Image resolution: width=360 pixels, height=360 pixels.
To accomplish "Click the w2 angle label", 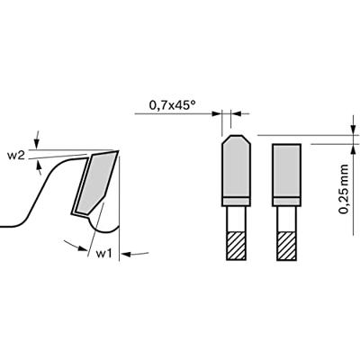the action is (x=15, y=156).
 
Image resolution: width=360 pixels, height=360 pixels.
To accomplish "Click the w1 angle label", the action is (x=103, y=254).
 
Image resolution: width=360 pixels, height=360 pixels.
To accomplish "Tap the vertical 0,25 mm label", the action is (x=344, y=189).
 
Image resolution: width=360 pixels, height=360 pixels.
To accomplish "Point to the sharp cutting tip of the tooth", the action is (x=118, y=151).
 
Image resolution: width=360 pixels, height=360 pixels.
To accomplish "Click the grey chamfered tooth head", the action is (x=236, y=166).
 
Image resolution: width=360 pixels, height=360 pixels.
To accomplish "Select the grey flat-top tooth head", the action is (x=286, y=170).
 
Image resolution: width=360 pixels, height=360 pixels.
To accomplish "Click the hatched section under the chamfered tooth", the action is (x=237, y=246).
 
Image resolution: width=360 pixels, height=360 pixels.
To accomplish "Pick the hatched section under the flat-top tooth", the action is (x=287, y=246).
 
